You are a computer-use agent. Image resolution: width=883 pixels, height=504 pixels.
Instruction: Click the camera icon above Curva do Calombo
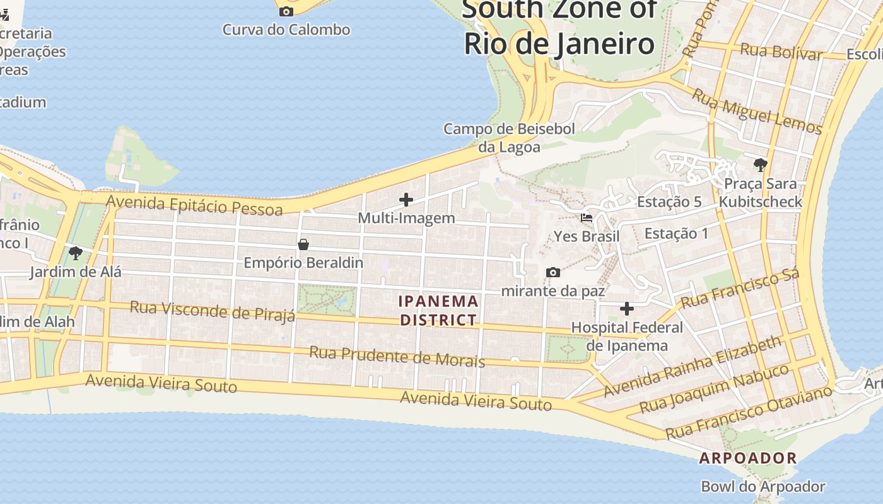click(286, 11)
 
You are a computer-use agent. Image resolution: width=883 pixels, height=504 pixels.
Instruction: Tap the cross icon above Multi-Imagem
click(406, 200)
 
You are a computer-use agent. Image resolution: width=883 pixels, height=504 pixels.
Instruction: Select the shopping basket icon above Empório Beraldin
click(303, 244)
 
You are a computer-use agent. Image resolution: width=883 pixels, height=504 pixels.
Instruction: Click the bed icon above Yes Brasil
click(587, 218)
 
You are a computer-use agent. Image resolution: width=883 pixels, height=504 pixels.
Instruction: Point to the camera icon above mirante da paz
click(553, 272)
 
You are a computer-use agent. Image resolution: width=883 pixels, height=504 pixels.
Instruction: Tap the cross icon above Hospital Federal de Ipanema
click(626, 309)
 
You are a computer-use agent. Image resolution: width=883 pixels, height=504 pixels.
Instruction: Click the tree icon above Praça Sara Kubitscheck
click(761, 165)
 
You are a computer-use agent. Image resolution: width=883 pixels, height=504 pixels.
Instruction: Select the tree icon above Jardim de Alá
click(76, 254)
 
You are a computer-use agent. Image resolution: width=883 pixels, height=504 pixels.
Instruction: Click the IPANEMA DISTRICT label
click(439, 311)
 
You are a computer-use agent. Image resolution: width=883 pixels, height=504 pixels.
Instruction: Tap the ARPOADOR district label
click(748, 458)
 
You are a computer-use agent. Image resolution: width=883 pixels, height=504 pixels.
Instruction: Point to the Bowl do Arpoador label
click(763, 486)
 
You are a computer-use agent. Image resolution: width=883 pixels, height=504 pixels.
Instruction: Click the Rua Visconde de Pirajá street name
click(213, 311)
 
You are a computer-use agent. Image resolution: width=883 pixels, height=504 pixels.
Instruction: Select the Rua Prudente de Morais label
click(397, 356)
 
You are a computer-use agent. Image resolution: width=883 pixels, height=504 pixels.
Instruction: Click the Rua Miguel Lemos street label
click(757, 112)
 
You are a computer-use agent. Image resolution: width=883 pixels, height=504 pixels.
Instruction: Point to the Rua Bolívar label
click(781, 52)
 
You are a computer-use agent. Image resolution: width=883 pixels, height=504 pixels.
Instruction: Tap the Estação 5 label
click(669, 202)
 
